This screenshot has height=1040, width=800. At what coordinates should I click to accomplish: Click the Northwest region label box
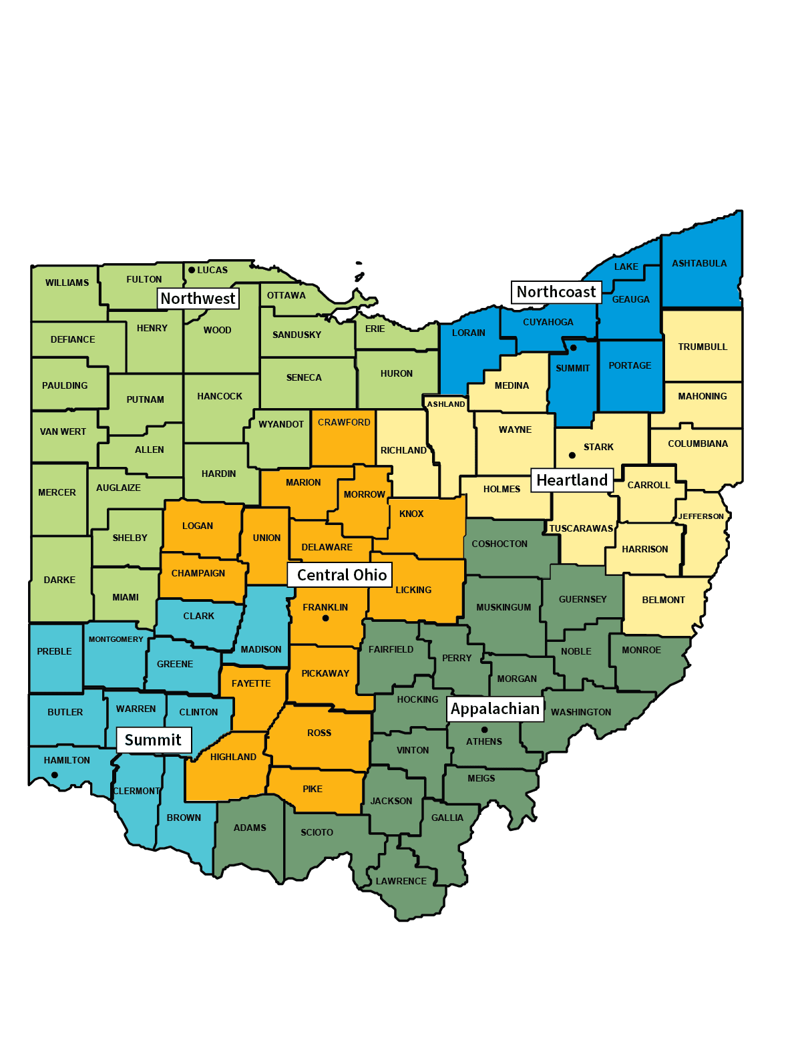pos(198,299)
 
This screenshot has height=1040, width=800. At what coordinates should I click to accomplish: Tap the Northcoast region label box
pos(556,292)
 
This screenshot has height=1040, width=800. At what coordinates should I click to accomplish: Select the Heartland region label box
pos(572,480)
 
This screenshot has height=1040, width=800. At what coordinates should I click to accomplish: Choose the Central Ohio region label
pos(341,575)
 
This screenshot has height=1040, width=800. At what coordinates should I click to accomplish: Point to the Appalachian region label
pos(495,709)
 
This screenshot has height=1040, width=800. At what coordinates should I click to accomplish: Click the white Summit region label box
pos(153,740)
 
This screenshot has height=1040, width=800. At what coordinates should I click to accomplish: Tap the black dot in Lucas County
pos(192,270)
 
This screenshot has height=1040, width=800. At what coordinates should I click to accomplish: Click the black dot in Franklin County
pos(326,619)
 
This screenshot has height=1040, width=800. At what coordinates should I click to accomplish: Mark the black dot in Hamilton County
pos(55,775)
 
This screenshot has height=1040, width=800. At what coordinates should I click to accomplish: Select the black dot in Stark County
pos(572,456)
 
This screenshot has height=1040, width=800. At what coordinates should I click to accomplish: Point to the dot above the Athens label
pos(485,729)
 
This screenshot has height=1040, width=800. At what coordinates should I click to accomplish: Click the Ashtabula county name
pos(699,263)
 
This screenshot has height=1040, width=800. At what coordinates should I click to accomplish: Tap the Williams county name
pos(67,283)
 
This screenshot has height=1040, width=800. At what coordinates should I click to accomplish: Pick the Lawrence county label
pos(401,881)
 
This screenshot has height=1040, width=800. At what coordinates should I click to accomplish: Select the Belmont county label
pos(663,600)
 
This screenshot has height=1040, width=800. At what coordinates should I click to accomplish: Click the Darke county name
pos(59,580)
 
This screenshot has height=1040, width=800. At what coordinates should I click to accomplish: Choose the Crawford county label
pos(344,422)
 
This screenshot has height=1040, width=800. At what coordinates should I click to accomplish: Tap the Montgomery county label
pos(116,639)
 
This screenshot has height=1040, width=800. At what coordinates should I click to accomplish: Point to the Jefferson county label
pos(701,516)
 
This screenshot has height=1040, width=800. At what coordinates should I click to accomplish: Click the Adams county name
pos(250,828)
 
